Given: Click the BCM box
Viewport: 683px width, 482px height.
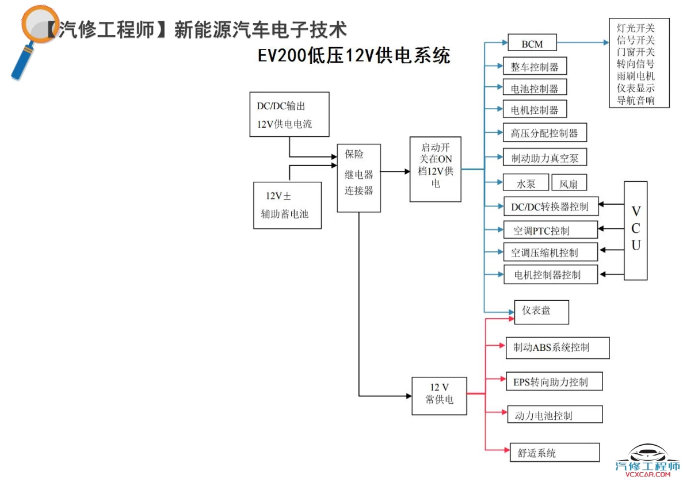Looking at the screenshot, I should point(532,43).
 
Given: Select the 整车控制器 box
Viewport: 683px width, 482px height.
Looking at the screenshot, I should point(535,66).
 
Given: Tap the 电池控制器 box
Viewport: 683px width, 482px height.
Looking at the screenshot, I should point(535,88).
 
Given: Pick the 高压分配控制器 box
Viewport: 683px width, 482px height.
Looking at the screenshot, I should point(544,133).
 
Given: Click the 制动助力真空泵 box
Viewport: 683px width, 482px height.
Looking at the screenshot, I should point(544,156).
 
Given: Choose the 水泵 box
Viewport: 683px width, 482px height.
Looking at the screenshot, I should point(525,183).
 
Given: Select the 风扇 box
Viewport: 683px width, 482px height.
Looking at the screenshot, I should point(569,183).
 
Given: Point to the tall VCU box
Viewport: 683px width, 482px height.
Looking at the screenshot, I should point(636,230).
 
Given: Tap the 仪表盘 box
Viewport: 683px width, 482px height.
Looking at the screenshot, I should point(541,312).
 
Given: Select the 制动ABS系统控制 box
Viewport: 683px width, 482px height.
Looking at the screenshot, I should point(557,347).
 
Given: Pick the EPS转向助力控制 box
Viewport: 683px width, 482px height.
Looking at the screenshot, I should point(554,381).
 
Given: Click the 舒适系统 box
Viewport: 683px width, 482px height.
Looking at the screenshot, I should point(555,453).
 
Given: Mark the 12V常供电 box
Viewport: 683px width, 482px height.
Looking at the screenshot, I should point(439,396).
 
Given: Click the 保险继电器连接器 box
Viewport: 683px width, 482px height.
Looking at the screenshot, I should point(359,177).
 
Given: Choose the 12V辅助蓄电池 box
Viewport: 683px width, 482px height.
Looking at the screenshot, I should point(287,205).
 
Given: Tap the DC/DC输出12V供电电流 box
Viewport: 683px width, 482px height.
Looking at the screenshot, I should point(289,114).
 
